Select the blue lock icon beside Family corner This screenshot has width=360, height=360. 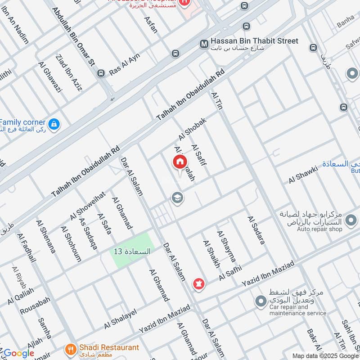click(54, 123)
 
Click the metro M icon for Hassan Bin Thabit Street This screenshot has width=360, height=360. click(204, 44)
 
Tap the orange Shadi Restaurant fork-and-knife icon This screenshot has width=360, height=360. click(70, 348)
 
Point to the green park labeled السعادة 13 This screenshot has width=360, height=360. click(132, 251)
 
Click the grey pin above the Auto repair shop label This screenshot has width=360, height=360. click(350, 220)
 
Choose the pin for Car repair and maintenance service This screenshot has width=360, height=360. click(260, 301)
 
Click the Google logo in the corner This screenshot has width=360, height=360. click(18, 353)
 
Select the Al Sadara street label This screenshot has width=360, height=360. click(255, 230)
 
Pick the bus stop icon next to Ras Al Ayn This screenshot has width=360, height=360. click(101, 73)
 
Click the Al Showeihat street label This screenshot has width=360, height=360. click(87, 206)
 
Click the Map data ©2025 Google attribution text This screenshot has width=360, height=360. click(325, 355)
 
